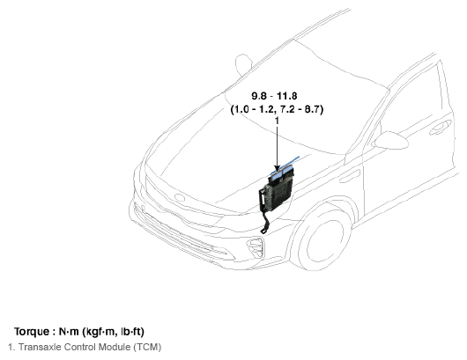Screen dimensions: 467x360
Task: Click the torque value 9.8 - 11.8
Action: coord(274,96)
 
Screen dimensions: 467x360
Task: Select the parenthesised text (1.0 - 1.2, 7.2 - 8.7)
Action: coord(277,109)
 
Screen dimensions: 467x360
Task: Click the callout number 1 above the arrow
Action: coord(277,121)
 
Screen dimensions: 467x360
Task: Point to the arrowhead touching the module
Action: coord(278,169)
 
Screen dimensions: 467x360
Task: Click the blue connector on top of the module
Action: coord(281,174)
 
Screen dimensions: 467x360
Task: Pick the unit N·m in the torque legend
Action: coord(69,332)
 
